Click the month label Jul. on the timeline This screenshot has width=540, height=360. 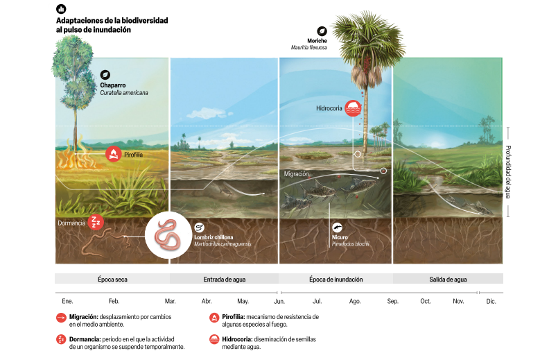(x=317, y=302)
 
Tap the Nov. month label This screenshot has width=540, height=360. (x=458, y=302)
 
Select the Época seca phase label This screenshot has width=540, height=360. (x=112, y=280)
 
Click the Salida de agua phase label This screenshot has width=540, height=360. (x=448, y=280)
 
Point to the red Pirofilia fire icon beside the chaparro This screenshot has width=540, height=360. (x=113, y=154)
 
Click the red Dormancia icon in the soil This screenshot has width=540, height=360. (x=96, y=222)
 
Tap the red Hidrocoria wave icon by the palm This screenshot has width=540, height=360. (x=353, y=108)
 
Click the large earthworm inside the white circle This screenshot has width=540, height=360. (x=168, y=235)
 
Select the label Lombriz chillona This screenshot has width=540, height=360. (x=214, y=237)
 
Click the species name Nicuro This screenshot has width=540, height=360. (x=340, y=237)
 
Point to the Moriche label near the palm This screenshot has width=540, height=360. (x=317, y=41)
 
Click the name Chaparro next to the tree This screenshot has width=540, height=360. (x=112, y=85)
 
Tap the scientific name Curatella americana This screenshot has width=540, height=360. (x=124, y=93)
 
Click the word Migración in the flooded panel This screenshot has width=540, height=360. (x=296, y=174)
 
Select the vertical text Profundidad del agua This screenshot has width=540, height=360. (x=507, y=172)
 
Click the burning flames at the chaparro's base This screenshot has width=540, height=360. (x=76, y=155)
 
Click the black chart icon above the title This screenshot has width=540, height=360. (x=61, y=9)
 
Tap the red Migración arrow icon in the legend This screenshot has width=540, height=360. (x=61, y=317)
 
